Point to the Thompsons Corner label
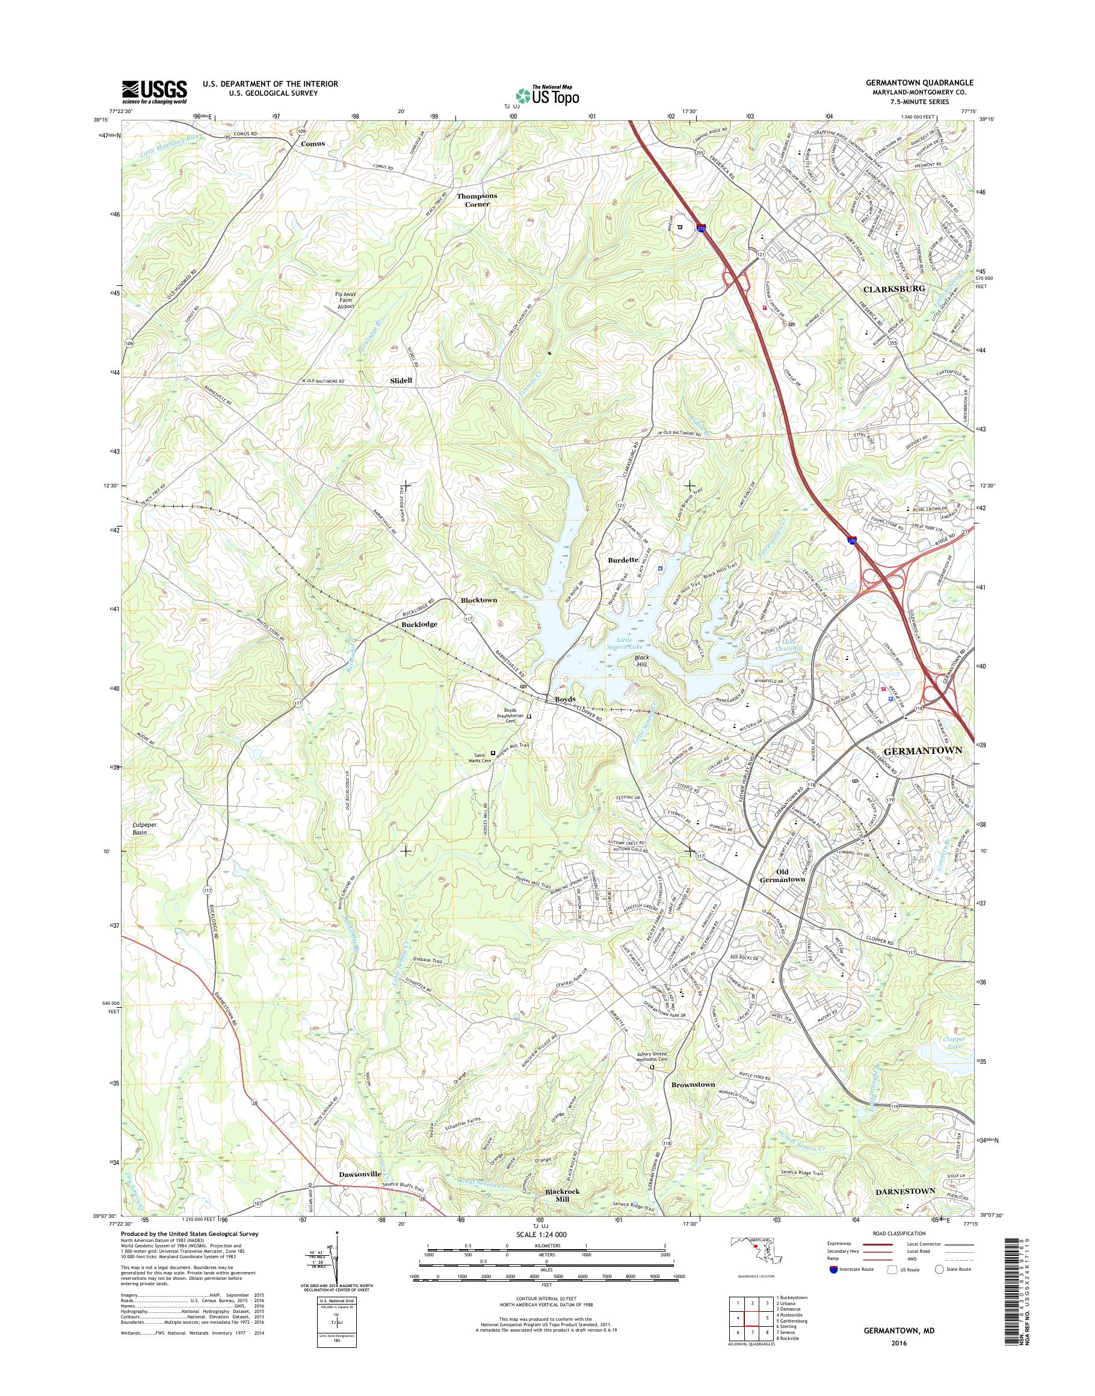pos(477,199)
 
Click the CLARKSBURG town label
pos(892,289)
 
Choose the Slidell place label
pos(401,380)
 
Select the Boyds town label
pos(565,699)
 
